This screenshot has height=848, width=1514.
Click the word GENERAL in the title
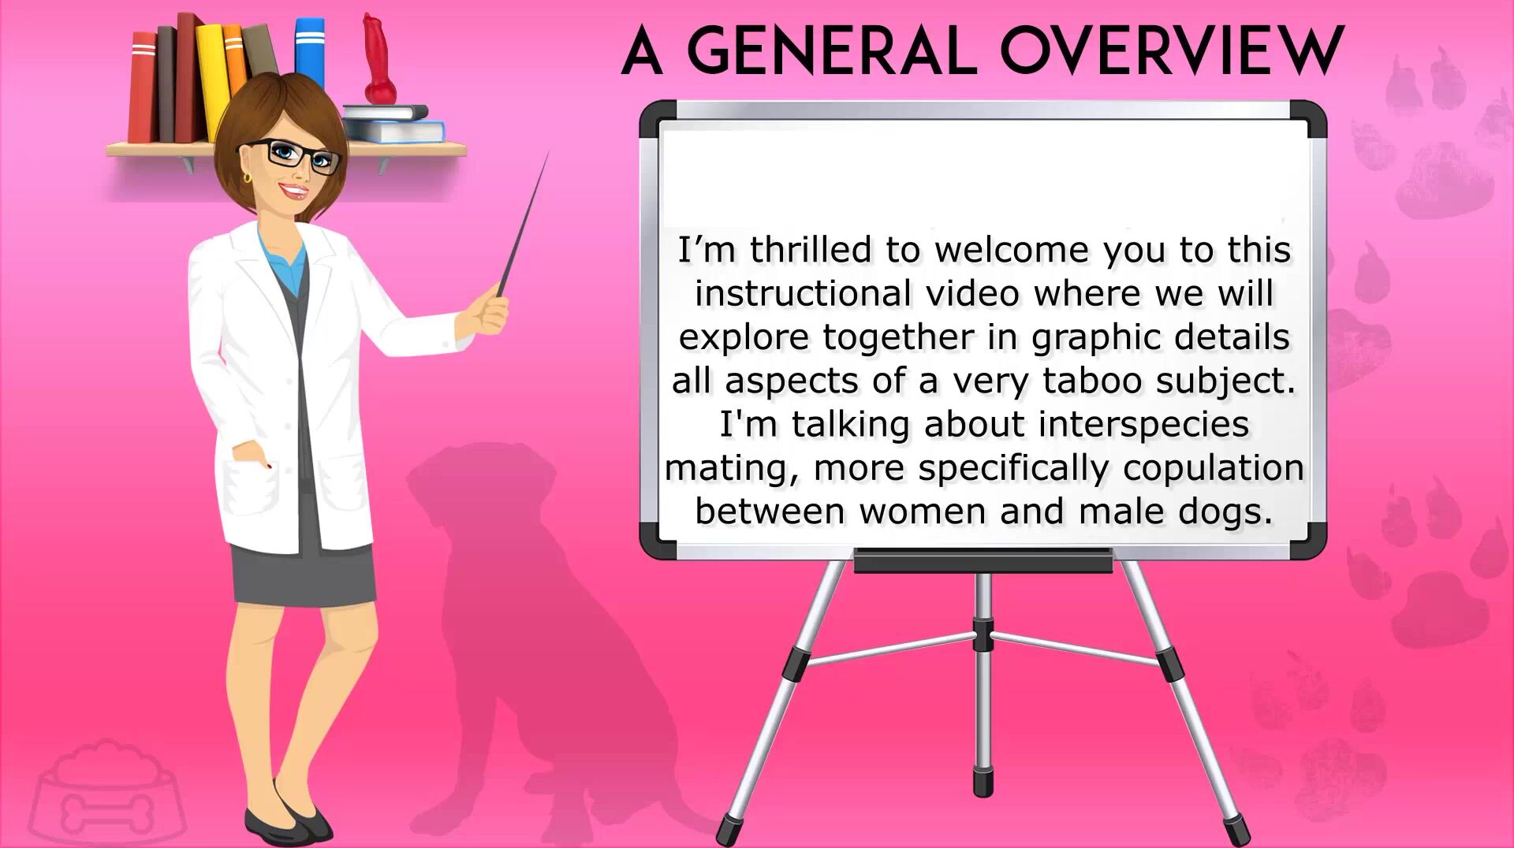832,51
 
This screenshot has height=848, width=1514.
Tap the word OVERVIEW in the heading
1172,51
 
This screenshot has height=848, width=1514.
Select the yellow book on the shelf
211,83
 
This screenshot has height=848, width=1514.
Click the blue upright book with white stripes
310,52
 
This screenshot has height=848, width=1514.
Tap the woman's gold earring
247,177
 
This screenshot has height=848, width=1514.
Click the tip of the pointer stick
548,152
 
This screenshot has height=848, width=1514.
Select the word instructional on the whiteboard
803,294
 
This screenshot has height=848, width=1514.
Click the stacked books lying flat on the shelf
393,124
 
